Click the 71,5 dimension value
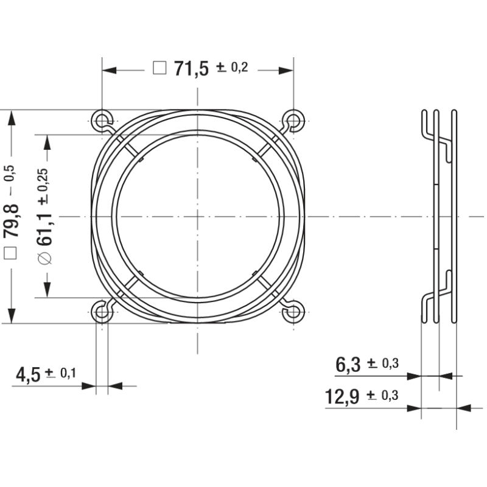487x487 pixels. [x=191, y=69]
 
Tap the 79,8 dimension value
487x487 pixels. [x=11, y=221]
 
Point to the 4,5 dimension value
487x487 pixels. [x=28, y=374]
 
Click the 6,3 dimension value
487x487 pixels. [x=348, y=365]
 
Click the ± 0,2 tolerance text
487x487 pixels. [x=232, y=67]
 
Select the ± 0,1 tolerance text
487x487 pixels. [x=60, y=373]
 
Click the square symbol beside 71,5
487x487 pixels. [x=159, y=68]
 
